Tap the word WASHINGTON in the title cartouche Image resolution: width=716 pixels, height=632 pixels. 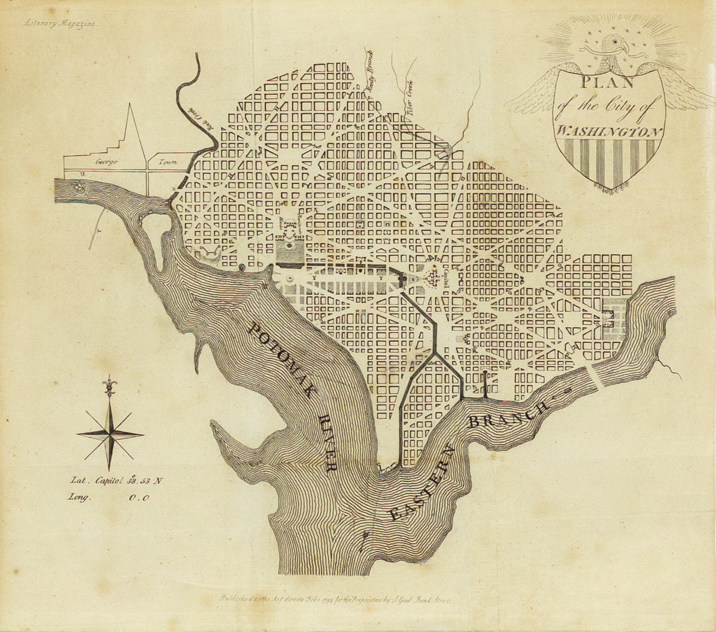point(610,132)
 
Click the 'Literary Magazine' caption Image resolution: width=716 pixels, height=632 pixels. point(60,24)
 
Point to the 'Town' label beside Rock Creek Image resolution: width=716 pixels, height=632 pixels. point(167,162)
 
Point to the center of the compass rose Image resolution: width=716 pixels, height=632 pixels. point(110,434)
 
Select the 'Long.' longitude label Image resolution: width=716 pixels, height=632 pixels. point(79,497)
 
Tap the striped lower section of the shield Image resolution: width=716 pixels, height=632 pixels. point(610,161)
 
